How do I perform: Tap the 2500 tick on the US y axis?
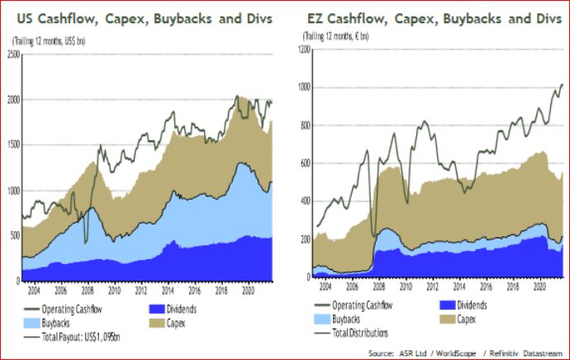click(x=12, y=54)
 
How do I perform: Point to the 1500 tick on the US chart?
click(x=12, y=145)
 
